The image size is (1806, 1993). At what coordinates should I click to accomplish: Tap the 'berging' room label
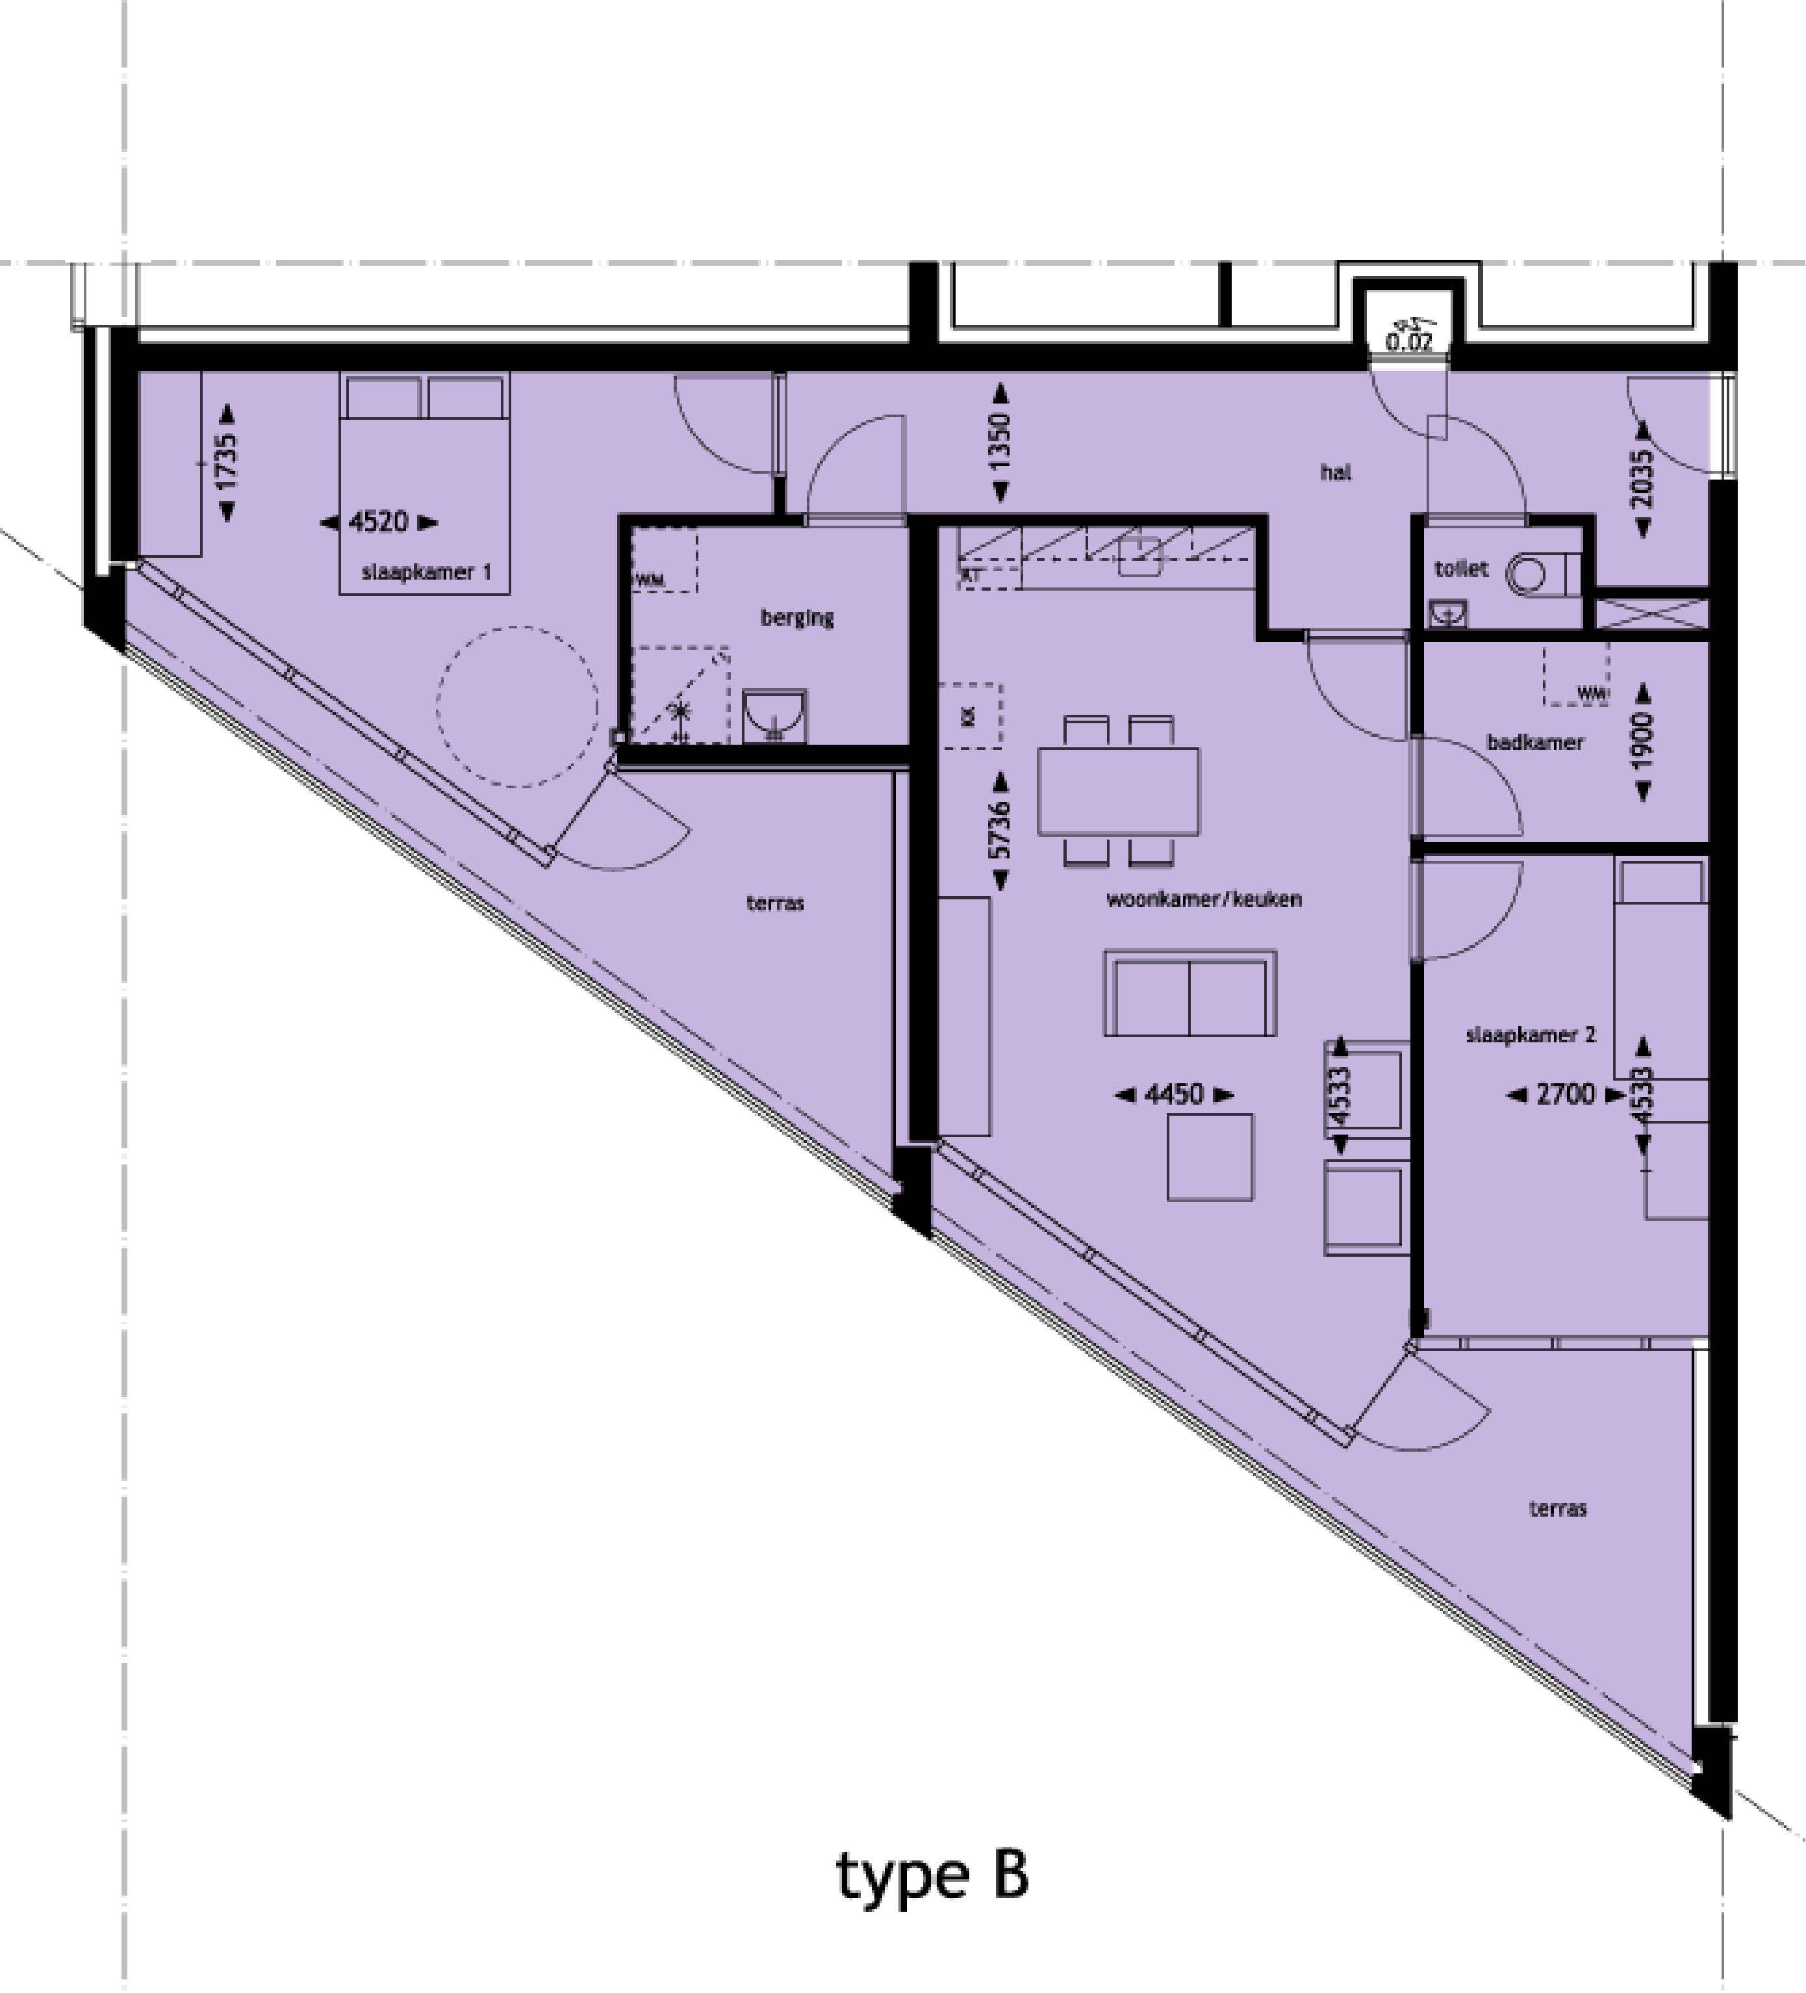pos(796,618)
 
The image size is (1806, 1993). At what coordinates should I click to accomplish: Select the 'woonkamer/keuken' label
pos(1203,899)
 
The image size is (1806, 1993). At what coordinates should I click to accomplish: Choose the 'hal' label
pos(1336,472)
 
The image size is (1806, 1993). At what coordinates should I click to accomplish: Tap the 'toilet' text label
pos(1461,569)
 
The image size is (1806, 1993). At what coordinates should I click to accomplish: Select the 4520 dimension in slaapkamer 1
pos(379,522)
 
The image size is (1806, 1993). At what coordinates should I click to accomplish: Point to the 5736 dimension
pos(1000,830)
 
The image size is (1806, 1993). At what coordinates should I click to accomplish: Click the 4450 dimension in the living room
pos(1175,1094)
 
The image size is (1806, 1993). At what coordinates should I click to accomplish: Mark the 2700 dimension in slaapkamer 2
pos(1566,1094)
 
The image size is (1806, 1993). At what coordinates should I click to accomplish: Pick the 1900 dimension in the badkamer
pos(1643,741)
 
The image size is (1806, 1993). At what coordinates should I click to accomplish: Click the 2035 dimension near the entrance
pos(1643,480)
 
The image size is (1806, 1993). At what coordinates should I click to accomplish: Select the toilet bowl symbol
pos(1530,573)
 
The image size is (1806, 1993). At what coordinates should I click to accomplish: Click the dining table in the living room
pos(1118,791)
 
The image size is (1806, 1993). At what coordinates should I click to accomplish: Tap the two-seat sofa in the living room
pos(1189,994)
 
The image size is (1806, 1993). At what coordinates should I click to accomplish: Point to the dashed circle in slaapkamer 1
pos(517,707)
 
